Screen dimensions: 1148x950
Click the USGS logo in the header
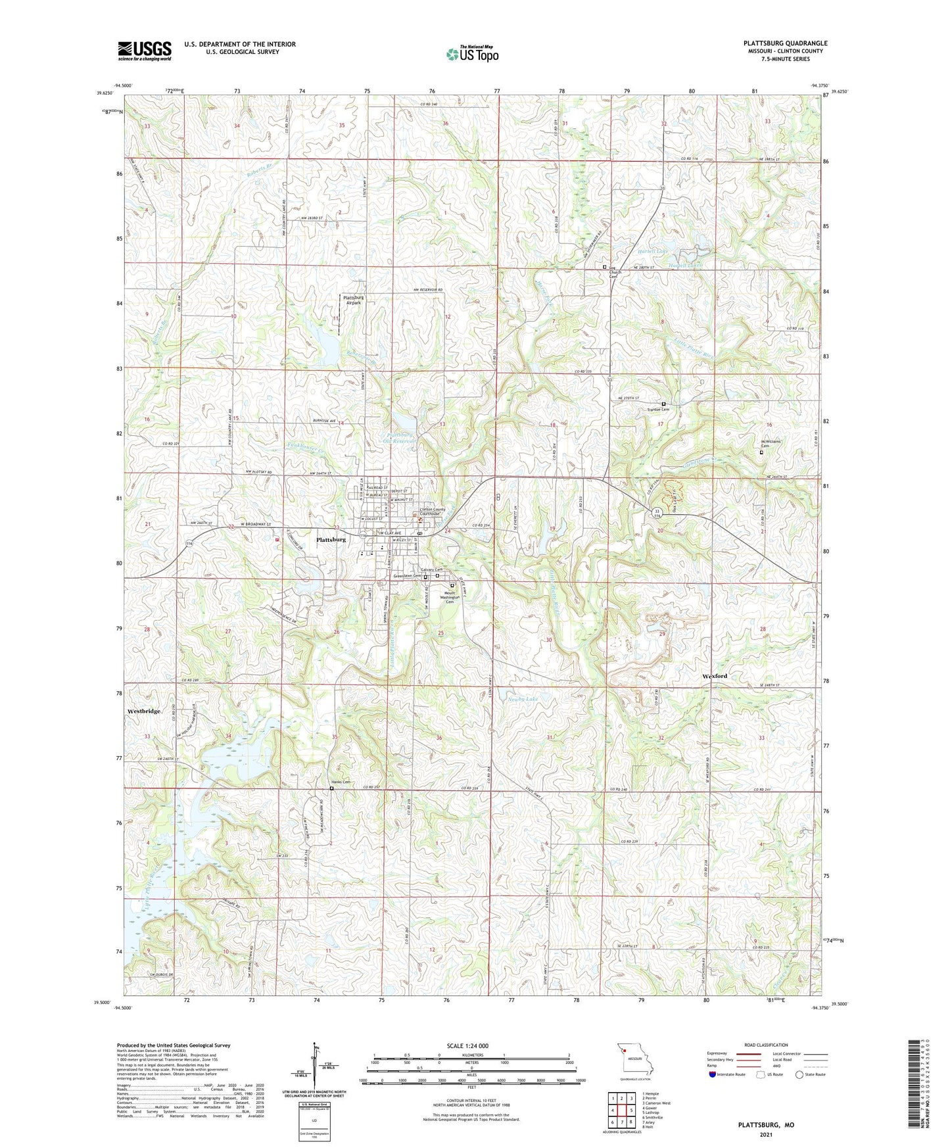(145, 50)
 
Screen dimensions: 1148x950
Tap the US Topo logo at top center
(472, 54)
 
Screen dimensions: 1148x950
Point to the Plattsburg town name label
(331, 540)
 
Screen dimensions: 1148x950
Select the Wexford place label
(715, 676)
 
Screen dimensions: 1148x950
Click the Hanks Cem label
(341, 782)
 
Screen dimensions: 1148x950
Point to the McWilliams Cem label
(770, 444)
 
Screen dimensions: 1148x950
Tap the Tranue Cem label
(658, 410)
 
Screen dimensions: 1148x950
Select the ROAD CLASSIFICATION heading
(766, 1045)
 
